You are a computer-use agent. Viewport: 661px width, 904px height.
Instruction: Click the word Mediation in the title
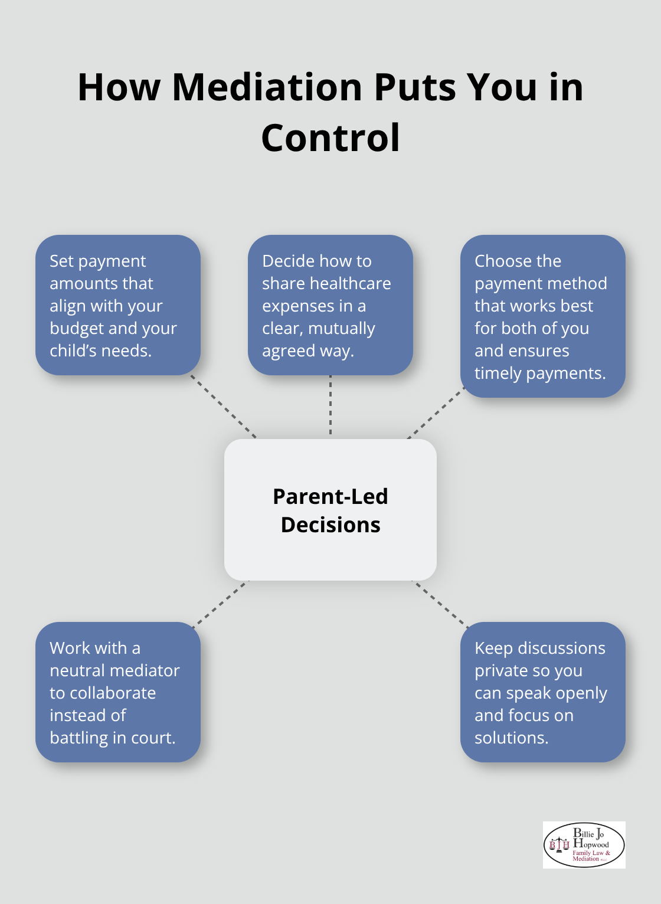click(x=267, y=87)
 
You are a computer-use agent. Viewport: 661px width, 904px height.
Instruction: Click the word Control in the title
click(x=330, y=138)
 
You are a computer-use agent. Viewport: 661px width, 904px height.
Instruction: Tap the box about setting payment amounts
click(x=118, y=305)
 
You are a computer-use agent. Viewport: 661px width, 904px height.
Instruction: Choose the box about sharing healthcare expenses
click(x=330, y=305)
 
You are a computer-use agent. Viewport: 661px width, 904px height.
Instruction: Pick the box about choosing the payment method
click(x=542, y=316)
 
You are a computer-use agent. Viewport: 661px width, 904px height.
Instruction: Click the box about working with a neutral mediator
click(x=118, y=692)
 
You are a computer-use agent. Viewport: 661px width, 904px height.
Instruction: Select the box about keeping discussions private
click(x=542, y=692)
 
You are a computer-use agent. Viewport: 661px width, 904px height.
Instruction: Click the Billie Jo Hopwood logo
click(x=584, y=845)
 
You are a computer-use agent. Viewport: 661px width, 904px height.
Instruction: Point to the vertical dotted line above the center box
click(x=330, y=406)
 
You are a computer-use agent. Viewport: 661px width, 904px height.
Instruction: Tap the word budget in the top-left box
click(x=77, y=329)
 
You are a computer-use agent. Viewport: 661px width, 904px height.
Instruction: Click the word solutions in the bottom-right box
click(x=511, y=738)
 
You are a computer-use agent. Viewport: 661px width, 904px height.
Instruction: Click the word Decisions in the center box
click(x=330, y=525)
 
